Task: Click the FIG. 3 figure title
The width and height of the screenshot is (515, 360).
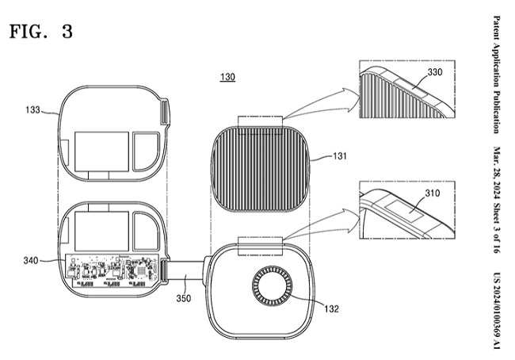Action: coord(41,32)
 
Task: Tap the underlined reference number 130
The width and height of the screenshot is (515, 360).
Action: coord(227,77)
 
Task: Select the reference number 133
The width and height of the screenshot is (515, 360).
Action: coord(32,109)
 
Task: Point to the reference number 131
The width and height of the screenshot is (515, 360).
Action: coord(340,155)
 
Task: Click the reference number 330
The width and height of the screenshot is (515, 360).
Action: coord(435,72)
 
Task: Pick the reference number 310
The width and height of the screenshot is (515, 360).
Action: coord(433,193)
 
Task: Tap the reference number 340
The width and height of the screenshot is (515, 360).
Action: coord(31,261)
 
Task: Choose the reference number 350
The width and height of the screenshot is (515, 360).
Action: coord(184,298)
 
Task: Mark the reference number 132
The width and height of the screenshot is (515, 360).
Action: coord(331,308)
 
